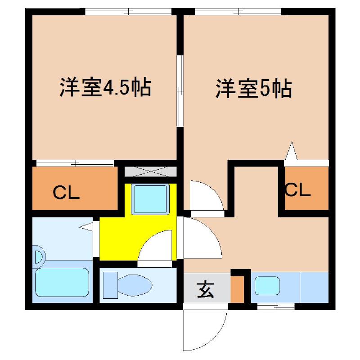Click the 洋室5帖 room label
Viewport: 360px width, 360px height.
click(254, 89)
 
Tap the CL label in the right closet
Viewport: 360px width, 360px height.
click(297, 190)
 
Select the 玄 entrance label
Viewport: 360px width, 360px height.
click(206, 289)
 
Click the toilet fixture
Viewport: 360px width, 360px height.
click(128, 284)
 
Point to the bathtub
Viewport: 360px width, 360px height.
click(62, 283)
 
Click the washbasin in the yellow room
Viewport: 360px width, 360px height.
click(150, 198)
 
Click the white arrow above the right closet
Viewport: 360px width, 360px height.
click(291, 151)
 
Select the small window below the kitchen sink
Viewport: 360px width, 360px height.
click(275, 306)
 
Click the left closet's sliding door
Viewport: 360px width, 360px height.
click(75, 163)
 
